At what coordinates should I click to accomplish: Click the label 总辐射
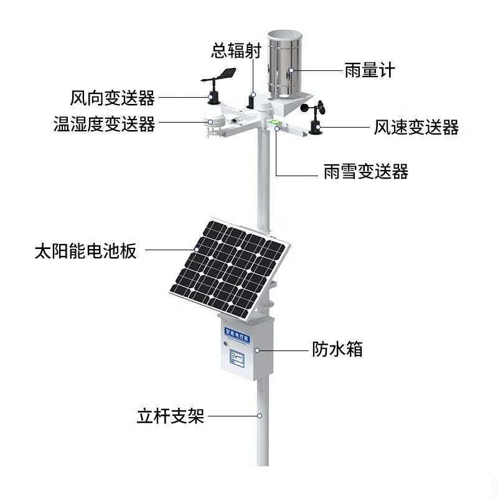(x=236, y=50)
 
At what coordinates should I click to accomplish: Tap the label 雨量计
(x=370, y=70)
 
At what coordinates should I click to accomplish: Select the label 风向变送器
(x=113, y=98)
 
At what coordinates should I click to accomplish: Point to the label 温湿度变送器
(x=104, y=124)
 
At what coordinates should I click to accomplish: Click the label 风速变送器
(x=416, y=128)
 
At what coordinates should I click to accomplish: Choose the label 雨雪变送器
(x=366, y=172)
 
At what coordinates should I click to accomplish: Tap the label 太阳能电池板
(x=85, y=251)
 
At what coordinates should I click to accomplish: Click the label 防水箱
(x=337, y=349)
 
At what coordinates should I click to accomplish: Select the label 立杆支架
(x=170, y=416)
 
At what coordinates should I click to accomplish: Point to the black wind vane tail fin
(x=228, y=73)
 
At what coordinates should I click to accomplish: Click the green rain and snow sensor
(x=274, y=122)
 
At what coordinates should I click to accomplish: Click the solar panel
(x=229, y=268)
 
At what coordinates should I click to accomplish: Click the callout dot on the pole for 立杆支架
(x=260, y=416)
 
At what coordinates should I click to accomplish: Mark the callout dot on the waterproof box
(x=257, y=350)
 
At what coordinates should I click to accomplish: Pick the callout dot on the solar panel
(x=197, y=250)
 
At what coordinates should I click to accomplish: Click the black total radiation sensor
(x=251, y=100)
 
